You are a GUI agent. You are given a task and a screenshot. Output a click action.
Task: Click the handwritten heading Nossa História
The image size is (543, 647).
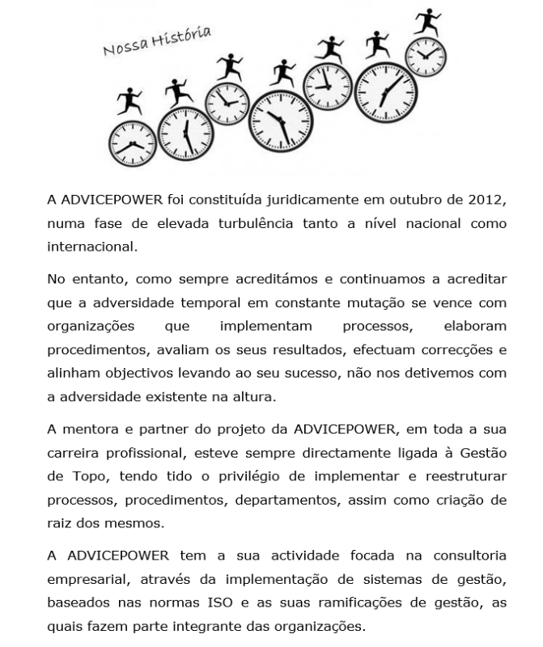click(x=157, y=43)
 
